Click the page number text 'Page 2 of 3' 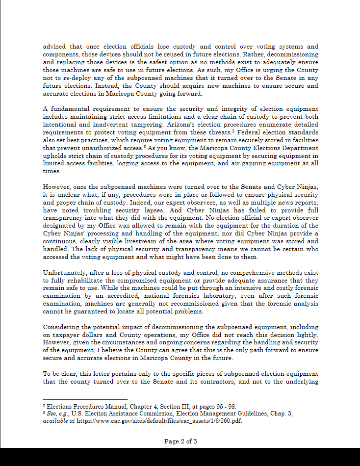coord(180,441)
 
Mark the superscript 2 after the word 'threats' coord(232,131)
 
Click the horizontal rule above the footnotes coord(85,399)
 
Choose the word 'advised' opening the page coord(54,47)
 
